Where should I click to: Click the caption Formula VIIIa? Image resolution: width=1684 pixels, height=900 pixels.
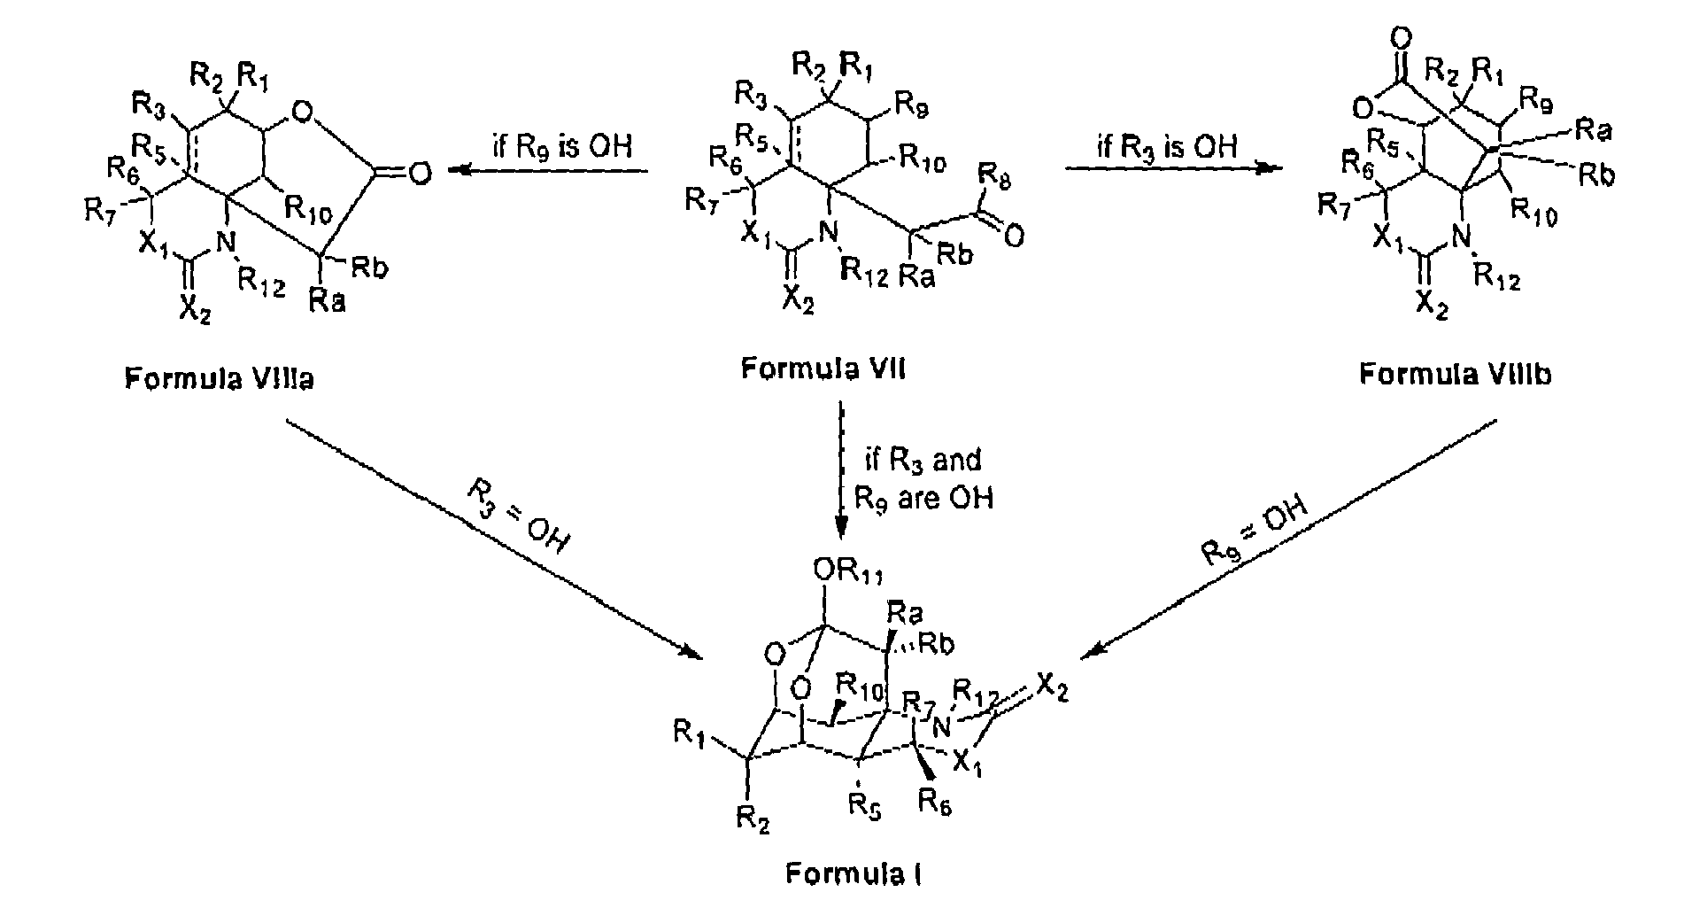point(220,379)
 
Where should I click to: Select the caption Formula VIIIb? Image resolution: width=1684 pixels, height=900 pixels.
point(1455,375)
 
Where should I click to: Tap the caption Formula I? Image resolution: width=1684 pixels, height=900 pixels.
point(855,874)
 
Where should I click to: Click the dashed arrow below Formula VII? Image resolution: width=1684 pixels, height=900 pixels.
point(841,469)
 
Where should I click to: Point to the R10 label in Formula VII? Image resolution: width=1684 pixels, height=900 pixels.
point(921,163)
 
